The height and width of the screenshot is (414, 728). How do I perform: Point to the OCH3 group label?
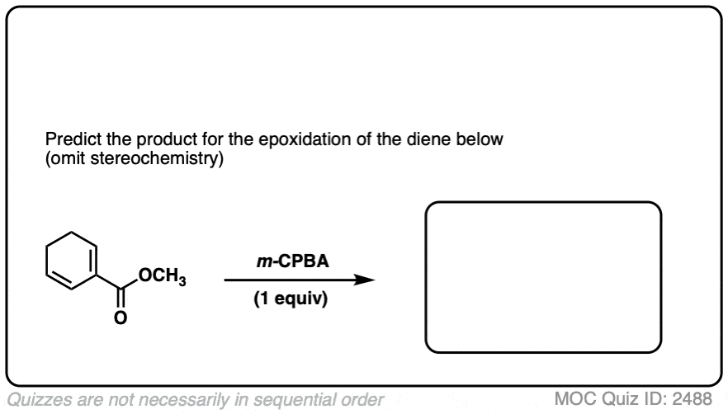(162, 276)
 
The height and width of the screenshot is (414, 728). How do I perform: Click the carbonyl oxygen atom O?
(121, 318)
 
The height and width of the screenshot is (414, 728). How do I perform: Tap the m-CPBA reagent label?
(293, 261)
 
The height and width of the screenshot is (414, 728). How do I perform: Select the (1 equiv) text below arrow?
(291, 299)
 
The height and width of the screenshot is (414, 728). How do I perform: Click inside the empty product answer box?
(543, 277)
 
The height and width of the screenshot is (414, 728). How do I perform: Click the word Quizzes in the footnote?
(39, 400)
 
